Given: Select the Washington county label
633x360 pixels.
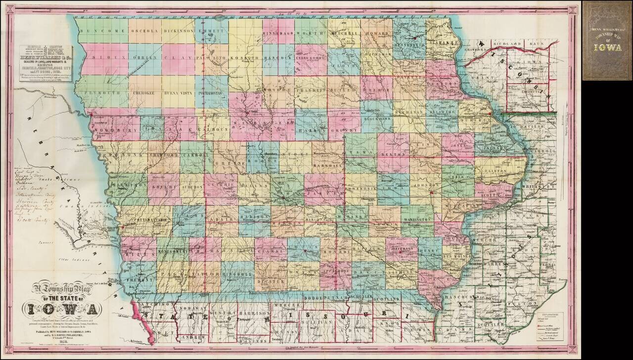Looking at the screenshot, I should (417, 219).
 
